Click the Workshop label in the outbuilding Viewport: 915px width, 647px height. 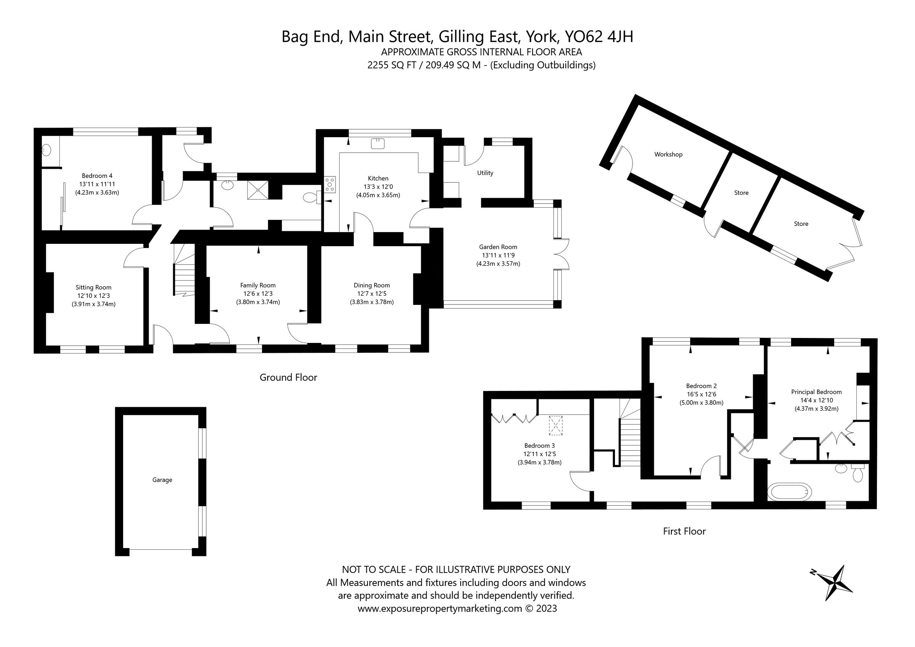pos(668,155)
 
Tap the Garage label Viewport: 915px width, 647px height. pos(162,480)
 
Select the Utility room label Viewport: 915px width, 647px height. pos(485,173)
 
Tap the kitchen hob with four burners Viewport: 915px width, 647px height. pos(330,185)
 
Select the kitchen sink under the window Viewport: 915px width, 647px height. pos(377,143)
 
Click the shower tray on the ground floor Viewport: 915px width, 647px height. pos(257,190)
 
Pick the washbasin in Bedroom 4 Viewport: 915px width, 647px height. pos(47,150)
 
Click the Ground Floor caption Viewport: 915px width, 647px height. pos(288,377)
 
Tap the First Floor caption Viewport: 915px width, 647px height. pos(684,531)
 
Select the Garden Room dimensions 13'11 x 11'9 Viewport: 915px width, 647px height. pos(498,255)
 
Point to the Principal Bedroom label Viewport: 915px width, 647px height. pos(816,392)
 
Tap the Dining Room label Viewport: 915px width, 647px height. pos(371,285)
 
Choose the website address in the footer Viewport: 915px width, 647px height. pos(440,609)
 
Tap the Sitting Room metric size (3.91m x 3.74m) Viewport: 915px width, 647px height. pos(94,304)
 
